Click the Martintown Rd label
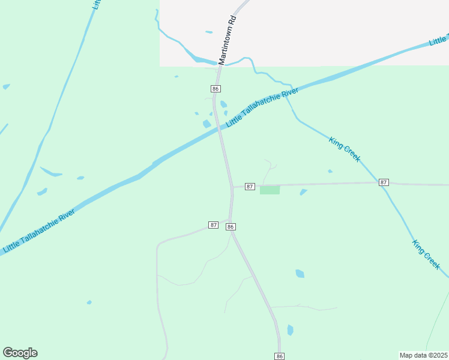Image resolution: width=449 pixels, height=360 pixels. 228,40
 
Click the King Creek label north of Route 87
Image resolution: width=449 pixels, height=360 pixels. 345,149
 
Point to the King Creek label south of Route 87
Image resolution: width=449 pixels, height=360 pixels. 426,254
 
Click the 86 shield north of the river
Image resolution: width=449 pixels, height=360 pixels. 216,89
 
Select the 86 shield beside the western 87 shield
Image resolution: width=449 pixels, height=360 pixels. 231,226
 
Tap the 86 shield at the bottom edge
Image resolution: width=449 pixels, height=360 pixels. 279,356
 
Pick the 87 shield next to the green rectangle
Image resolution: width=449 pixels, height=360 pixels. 250,187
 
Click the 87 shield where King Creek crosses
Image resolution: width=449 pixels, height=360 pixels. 384,182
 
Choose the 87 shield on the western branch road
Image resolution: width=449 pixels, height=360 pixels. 213,224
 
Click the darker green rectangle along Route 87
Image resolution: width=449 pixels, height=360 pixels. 270,190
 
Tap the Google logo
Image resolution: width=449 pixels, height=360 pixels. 20,353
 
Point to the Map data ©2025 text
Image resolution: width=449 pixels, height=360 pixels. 423,355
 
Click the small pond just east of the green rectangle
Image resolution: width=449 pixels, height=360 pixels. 303,192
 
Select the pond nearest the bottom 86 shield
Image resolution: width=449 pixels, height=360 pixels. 291,329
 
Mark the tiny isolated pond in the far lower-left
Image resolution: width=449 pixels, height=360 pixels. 89,302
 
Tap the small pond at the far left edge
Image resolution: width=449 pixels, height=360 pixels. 6,86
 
